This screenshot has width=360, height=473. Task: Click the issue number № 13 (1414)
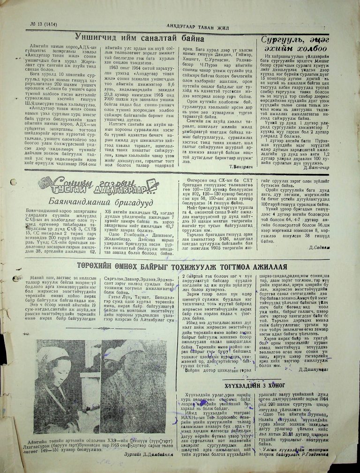pos(38,25)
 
